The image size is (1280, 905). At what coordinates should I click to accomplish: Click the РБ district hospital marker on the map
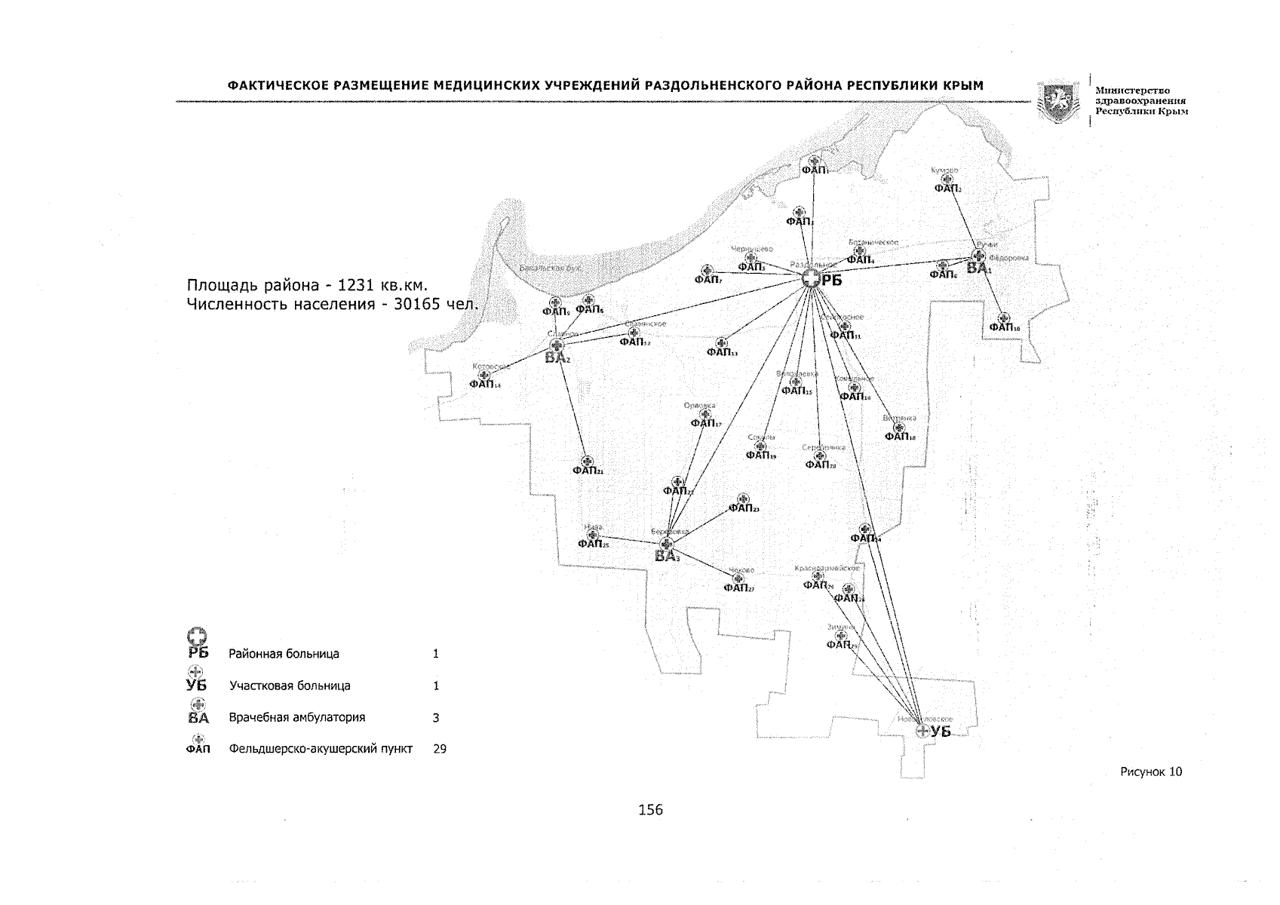[x=811, y=280]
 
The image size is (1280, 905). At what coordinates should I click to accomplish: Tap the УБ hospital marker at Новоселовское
[x=921, y=731]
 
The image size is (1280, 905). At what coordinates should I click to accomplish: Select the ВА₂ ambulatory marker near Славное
[x=557, y=345]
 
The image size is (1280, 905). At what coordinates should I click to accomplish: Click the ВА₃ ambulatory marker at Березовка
[x=665, y=544]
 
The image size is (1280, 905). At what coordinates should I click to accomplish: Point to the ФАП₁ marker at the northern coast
[x=813, y=161]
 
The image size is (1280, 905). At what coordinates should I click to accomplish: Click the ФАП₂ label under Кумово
[x=947, y=189]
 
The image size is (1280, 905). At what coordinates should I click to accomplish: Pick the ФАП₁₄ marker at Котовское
[x=484, y=375]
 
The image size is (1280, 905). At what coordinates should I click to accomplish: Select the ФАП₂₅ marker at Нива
[x=592, y=535]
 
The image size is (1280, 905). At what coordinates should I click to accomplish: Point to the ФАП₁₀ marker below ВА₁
[x=1003, y=318]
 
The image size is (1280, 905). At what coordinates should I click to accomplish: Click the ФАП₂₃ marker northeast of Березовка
[x=742, y=499]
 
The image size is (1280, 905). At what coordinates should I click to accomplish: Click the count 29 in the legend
[x=440, y=750]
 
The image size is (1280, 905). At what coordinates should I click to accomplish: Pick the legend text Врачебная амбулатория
[x=296, y=717]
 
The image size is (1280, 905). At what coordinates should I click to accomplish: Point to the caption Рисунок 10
[x=1151, y=772]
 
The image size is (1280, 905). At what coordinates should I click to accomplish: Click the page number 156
[x=650, y=809]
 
